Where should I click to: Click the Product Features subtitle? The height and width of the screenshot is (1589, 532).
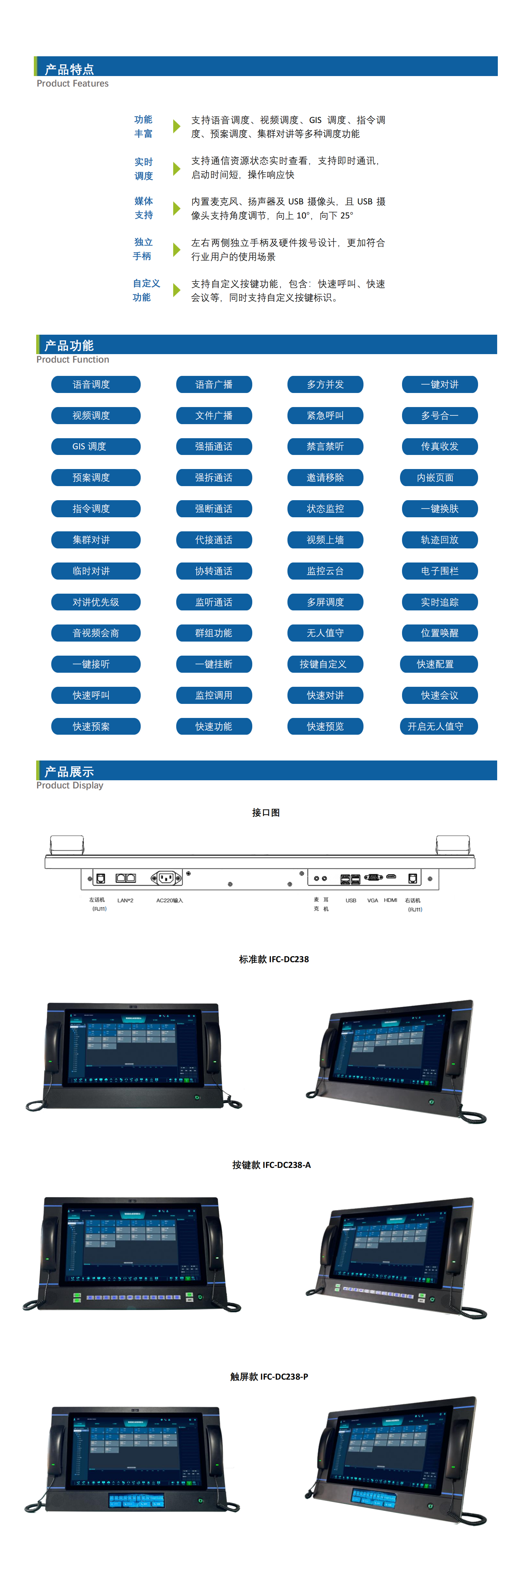pyautogui.click(x=72, y=84)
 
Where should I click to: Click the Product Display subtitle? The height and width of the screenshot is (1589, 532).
pyautogui.click(x=70, y=785)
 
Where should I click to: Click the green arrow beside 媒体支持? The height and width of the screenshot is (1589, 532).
pyautogui.click(x=177, y=208)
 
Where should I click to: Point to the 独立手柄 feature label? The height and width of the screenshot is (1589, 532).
pyautogui.click(x=143, y=249)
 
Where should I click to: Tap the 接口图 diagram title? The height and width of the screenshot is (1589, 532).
pyautogui.click(x=266, y=812)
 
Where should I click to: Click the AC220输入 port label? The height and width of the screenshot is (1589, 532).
pyautogui.click(x=169, y=901)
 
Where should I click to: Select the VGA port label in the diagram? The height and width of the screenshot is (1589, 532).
pyautogui.click(x=372, y=901)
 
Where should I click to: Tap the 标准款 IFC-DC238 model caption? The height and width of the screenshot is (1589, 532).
pyautogui.click(x=273, y=959)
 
